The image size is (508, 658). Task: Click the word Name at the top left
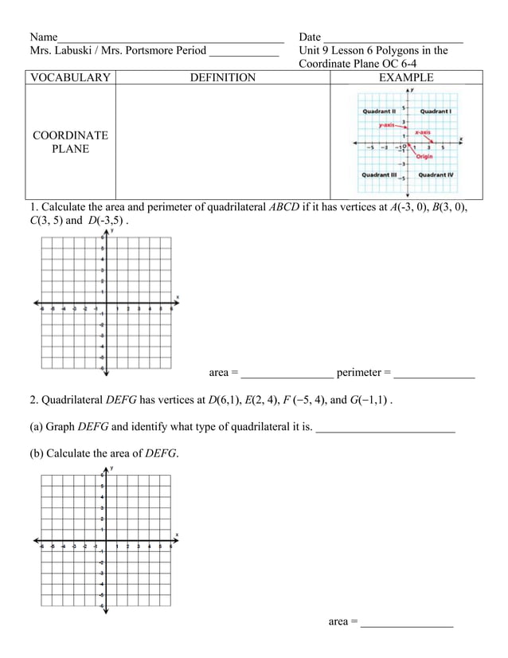point(44,37)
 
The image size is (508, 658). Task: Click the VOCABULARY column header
point(69,77)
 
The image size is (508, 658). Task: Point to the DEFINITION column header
point(223,77)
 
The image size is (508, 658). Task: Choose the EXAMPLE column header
point(406,77)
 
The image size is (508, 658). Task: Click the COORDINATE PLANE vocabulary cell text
point(70,143)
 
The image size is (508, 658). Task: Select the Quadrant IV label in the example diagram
point(436,174)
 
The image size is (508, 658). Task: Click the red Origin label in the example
point(424,157)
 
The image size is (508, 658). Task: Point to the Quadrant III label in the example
point(380,174)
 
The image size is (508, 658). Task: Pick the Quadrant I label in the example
point(436,112)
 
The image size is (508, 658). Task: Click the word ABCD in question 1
point(285,209)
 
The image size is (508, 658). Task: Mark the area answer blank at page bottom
point(407,623)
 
